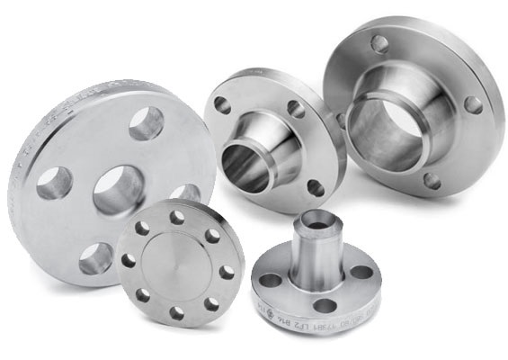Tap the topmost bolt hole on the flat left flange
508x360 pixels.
[x=146, y=123]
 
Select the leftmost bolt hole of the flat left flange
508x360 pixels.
[x=54, y=184]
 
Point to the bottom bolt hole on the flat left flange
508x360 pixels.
[x=96, y=259]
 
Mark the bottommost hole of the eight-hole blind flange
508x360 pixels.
[x=176, y=313]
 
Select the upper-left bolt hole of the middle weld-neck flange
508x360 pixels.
[x=221, y=104]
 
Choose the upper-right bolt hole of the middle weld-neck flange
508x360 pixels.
[x=296, y=109]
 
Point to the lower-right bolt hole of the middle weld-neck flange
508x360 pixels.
[x=316, y=187]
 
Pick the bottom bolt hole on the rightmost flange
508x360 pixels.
[x=432, y=180]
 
